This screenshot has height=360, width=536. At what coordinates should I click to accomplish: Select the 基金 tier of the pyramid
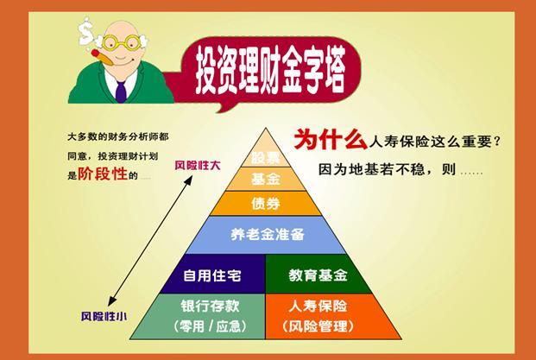266,180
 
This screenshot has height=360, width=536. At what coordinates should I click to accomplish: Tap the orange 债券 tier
266,204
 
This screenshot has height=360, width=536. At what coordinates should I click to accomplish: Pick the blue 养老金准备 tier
266,235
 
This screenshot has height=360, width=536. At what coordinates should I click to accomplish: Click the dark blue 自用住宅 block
212,275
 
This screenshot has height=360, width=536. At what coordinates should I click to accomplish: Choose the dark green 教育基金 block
318,275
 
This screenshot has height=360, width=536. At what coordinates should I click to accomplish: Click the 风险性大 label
198,166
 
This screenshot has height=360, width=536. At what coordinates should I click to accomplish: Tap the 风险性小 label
104,316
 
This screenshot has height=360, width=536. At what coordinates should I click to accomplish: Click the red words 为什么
331,140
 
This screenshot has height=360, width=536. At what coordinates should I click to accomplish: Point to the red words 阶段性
103,174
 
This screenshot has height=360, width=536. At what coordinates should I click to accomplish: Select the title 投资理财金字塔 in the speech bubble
270,71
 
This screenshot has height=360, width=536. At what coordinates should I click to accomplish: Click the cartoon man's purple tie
121,92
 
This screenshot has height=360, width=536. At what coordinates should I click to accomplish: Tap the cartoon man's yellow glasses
122,43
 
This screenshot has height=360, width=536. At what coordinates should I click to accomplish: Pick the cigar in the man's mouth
102,58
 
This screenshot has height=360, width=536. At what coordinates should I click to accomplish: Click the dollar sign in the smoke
85,30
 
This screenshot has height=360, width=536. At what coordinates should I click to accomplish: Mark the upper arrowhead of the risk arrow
188,180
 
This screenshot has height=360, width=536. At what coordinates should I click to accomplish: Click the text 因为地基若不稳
387,169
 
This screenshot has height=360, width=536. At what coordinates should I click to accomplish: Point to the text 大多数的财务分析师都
118,136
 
